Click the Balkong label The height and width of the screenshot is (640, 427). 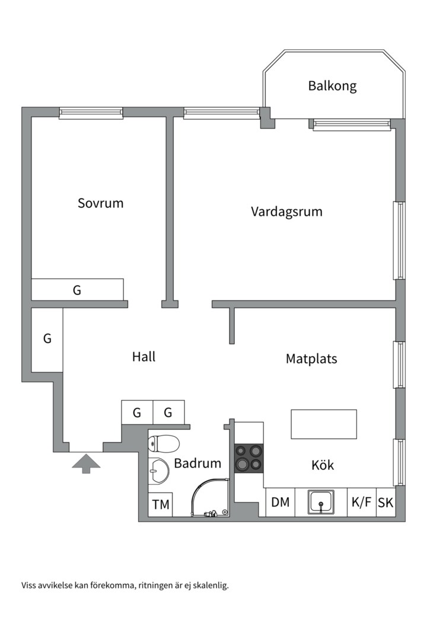(332, 86)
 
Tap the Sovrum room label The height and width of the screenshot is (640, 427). (101, 203)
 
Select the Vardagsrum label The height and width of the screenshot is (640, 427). (286, 212)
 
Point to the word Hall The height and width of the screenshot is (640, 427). (144, 357)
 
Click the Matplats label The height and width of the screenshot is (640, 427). (311, 359)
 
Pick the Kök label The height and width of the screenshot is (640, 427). (323, 465)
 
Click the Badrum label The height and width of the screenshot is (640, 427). (197, 463)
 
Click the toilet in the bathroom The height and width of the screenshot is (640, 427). (164, 443)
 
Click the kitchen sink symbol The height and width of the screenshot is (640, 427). (321, 503)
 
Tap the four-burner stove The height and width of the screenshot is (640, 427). (248, 457)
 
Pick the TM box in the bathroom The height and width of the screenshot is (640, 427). (161, 505)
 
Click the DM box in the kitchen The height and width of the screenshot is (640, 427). (281, 503)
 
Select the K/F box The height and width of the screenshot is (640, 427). (362, 503)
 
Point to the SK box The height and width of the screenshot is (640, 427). (385, 503)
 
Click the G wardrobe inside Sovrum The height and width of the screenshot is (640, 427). (77, 290)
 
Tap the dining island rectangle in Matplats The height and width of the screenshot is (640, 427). (323, 424)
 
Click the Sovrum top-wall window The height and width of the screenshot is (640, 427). (91, 113)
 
